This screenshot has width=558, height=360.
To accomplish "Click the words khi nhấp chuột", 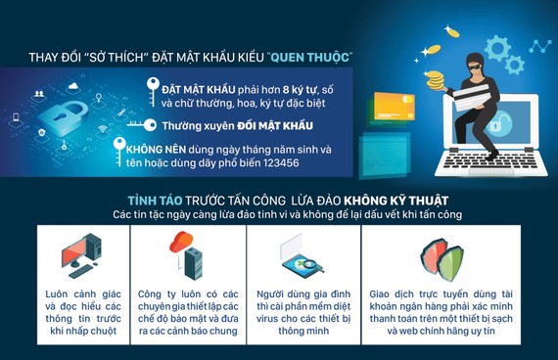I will pyautogui.click(x=81, y=332).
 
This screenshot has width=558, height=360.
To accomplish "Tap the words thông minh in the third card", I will pyautogui.click(x=291, y=332).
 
